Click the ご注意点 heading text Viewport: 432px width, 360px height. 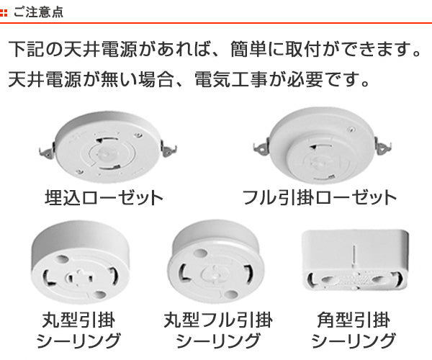pyautogui.click(x=38, y=12)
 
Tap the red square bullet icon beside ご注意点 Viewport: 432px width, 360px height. pyautogui.click(x=4, y=13)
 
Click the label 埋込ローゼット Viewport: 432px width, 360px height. pyautogui.click(x=104, y=198)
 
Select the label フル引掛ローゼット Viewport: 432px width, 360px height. pyautogui.click(x=319, y=198)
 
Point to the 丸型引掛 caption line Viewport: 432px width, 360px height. pyautogui.click(x=78, y=320)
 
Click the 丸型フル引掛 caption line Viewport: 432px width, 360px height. pyautogui.click(x=218, y=320)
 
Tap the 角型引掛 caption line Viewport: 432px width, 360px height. pyautogui.click(x=354, y=320)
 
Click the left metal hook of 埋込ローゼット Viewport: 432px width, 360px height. pyautogui.click(x=47, y=151)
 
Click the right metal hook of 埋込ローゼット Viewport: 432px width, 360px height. pyautogui.click(x=168, y=149)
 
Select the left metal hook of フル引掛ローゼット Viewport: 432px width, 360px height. pyautogui.click(x=261, y=148)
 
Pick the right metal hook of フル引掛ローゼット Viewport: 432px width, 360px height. pyautogui.click(x=383, y=146)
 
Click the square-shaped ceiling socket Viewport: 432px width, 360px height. pyautogui.click(x=355, y=260)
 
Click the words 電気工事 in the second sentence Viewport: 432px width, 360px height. pyautogui.click(x=230, y=80)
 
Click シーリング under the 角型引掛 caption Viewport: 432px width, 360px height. pyautogui.click(x=354, y=341)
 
